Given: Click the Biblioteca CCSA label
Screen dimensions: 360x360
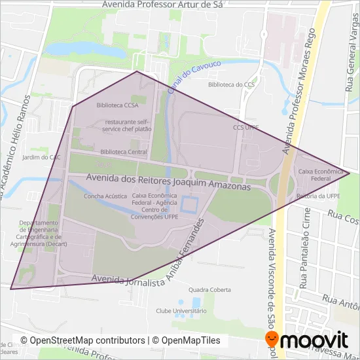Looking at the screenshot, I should point(117,105).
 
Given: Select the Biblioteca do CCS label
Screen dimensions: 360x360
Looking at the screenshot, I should point(231,84).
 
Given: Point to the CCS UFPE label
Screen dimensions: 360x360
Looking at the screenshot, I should point(246,128).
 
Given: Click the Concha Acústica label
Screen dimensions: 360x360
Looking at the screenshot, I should point(105,196).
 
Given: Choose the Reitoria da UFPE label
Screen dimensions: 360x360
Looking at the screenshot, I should point(317,196).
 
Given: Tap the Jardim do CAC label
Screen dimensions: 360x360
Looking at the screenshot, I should point(41,157).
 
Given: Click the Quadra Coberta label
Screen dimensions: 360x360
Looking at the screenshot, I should point(209,289).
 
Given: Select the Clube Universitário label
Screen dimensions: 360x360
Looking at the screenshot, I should point(181,311).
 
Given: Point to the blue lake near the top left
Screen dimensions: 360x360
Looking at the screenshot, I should point(86,49).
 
